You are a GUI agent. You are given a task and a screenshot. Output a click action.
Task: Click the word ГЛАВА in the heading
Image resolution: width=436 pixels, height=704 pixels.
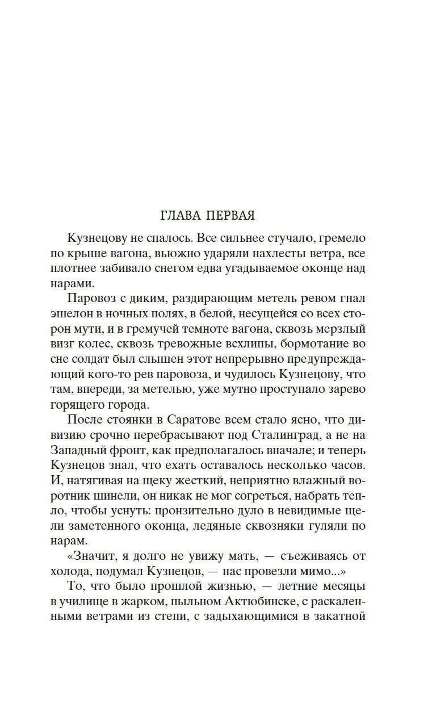[179, 216]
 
